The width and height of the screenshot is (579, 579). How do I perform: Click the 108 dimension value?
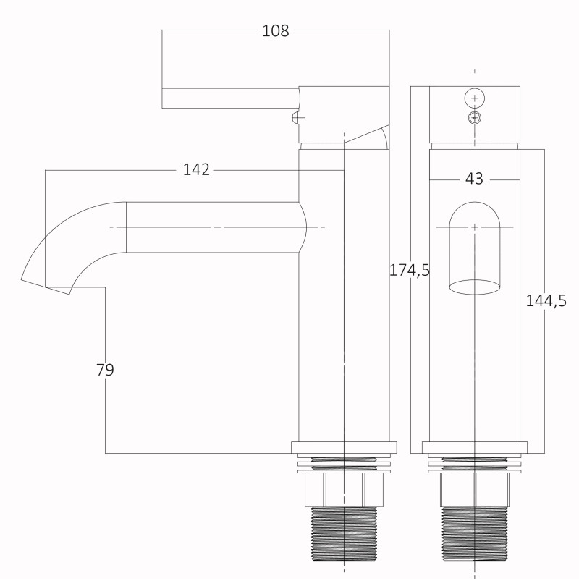(x=276, y=30)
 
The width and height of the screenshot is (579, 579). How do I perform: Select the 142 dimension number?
(x=196, y=170)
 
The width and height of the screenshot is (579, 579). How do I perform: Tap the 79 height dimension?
(x=105, y=370)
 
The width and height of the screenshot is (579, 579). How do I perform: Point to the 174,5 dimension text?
(x=410, y=271)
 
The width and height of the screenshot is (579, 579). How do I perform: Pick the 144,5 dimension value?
(x=546, y=301)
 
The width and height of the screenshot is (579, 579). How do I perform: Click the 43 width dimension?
(x=474, y=179)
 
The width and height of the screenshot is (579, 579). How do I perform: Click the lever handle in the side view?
(x=230, y=98)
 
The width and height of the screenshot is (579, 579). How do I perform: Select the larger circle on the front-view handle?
(x=475, y=98)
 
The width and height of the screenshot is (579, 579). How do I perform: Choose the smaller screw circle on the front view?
(x=475, y=118)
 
